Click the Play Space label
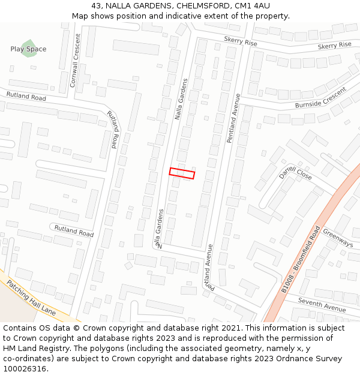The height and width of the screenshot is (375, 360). pos(28,49)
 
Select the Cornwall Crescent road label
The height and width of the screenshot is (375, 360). pos(74,61)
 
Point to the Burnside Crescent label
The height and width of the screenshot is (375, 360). pos(321,98)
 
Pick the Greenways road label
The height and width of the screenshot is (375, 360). pos(338,238)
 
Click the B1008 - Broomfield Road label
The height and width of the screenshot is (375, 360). pos(301,259)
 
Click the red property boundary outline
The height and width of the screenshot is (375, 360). pos(182,173)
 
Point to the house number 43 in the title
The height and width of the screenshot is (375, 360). pos(97,6)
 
